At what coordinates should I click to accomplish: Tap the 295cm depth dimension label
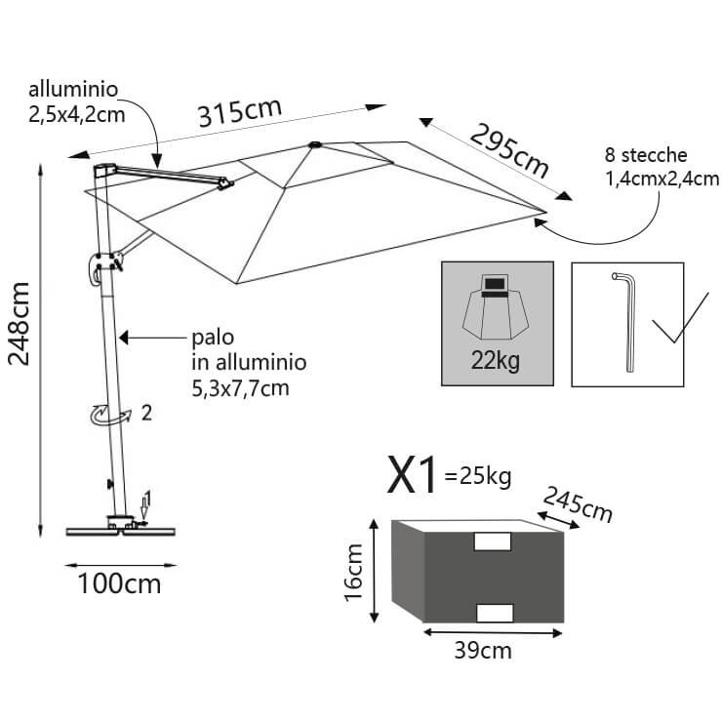tap(509, 149)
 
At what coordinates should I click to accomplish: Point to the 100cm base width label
tap(119, 584)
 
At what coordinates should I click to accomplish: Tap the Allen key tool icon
tap(625, 321)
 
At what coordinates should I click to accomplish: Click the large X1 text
tap(414, 476)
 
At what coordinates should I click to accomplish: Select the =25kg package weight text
tap(477, 478)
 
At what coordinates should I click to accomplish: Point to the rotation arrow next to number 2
tap(106, 416)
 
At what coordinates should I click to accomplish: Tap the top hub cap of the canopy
tap(314, 146)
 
